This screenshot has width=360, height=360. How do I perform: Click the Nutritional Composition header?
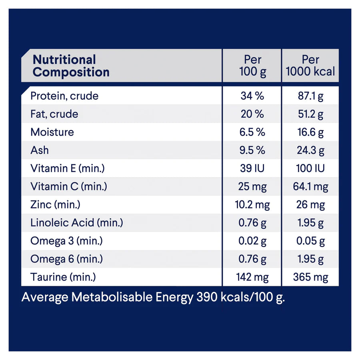(x=71, y=66)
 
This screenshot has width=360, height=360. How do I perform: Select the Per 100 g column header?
(x=252, y=66)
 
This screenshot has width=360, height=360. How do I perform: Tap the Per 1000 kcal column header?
(x=310, y=66)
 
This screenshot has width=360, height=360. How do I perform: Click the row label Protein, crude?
(x=64, y=96)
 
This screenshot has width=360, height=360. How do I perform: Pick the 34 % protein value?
(x=252, y=96)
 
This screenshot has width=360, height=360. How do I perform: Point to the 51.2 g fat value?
(x=310, y=114)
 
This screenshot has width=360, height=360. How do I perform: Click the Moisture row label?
(x=52, y=132)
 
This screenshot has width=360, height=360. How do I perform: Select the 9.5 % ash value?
(x=252, y=150)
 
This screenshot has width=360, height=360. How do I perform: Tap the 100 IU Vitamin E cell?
(x=310, y=168)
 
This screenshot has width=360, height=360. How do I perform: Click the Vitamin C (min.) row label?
(x=69, y=186)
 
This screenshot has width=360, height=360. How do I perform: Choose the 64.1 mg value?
(x=310, y=186)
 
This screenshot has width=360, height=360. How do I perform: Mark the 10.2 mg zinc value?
(x=252, y=205)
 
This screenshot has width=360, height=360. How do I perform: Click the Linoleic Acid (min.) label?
(x=77, y=223)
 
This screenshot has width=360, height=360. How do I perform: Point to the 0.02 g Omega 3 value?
(x=252, y=241)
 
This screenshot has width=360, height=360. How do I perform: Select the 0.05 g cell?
(x=310, y=241)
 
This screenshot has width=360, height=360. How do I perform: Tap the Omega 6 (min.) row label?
(x=67, y=259)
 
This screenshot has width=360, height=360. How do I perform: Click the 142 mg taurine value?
(x=252, y=277)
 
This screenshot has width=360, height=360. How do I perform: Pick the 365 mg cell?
(x=310, y=277)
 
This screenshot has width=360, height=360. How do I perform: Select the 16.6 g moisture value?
(x=310, y=132)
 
